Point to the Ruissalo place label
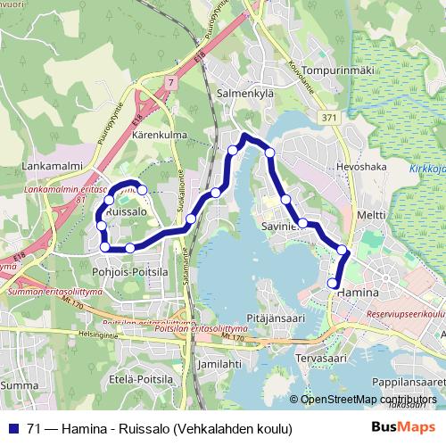[x=126, y=214]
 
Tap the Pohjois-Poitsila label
[x=129, y=271]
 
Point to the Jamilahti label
[x=219, y=364]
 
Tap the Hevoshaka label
[x=360, y=167]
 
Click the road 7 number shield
[x=169, y=81]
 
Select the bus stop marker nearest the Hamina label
[x=334, y=284]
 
